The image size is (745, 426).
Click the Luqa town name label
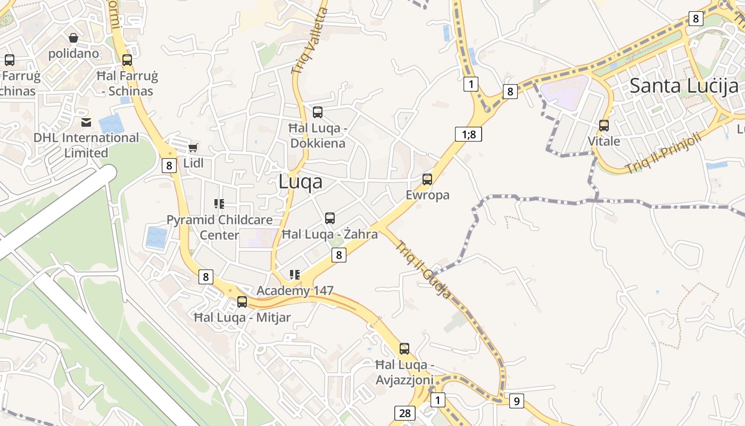300,182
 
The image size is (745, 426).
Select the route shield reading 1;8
468,134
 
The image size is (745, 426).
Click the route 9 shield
516,401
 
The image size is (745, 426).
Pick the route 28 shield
404,413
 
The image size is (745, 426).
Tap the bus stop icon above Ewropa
427,179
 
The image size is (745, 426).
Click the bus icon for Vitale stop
604,126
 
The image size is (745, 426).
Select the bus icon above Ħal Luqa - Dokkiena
318,112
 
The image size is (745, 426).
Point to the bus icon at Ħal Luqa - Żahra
330,218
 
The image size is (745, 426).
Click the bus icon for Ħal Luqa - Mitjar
242,302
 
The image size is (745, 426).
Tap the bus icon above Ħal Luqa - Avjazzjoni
404,349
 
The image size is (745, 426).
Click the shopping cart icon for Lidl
193,148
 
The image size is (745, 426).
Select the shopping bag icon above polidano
73,38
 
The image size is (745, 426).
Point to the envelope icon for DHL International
86,122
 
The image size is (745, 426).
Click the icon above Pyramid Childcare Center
219,203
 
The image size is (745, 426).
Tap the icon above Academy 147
295,275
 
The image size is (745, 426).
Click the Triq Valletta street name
310,40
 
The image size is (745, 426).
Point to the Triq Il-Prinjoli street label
664,153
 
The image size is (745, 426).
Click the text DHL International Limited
86,145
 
